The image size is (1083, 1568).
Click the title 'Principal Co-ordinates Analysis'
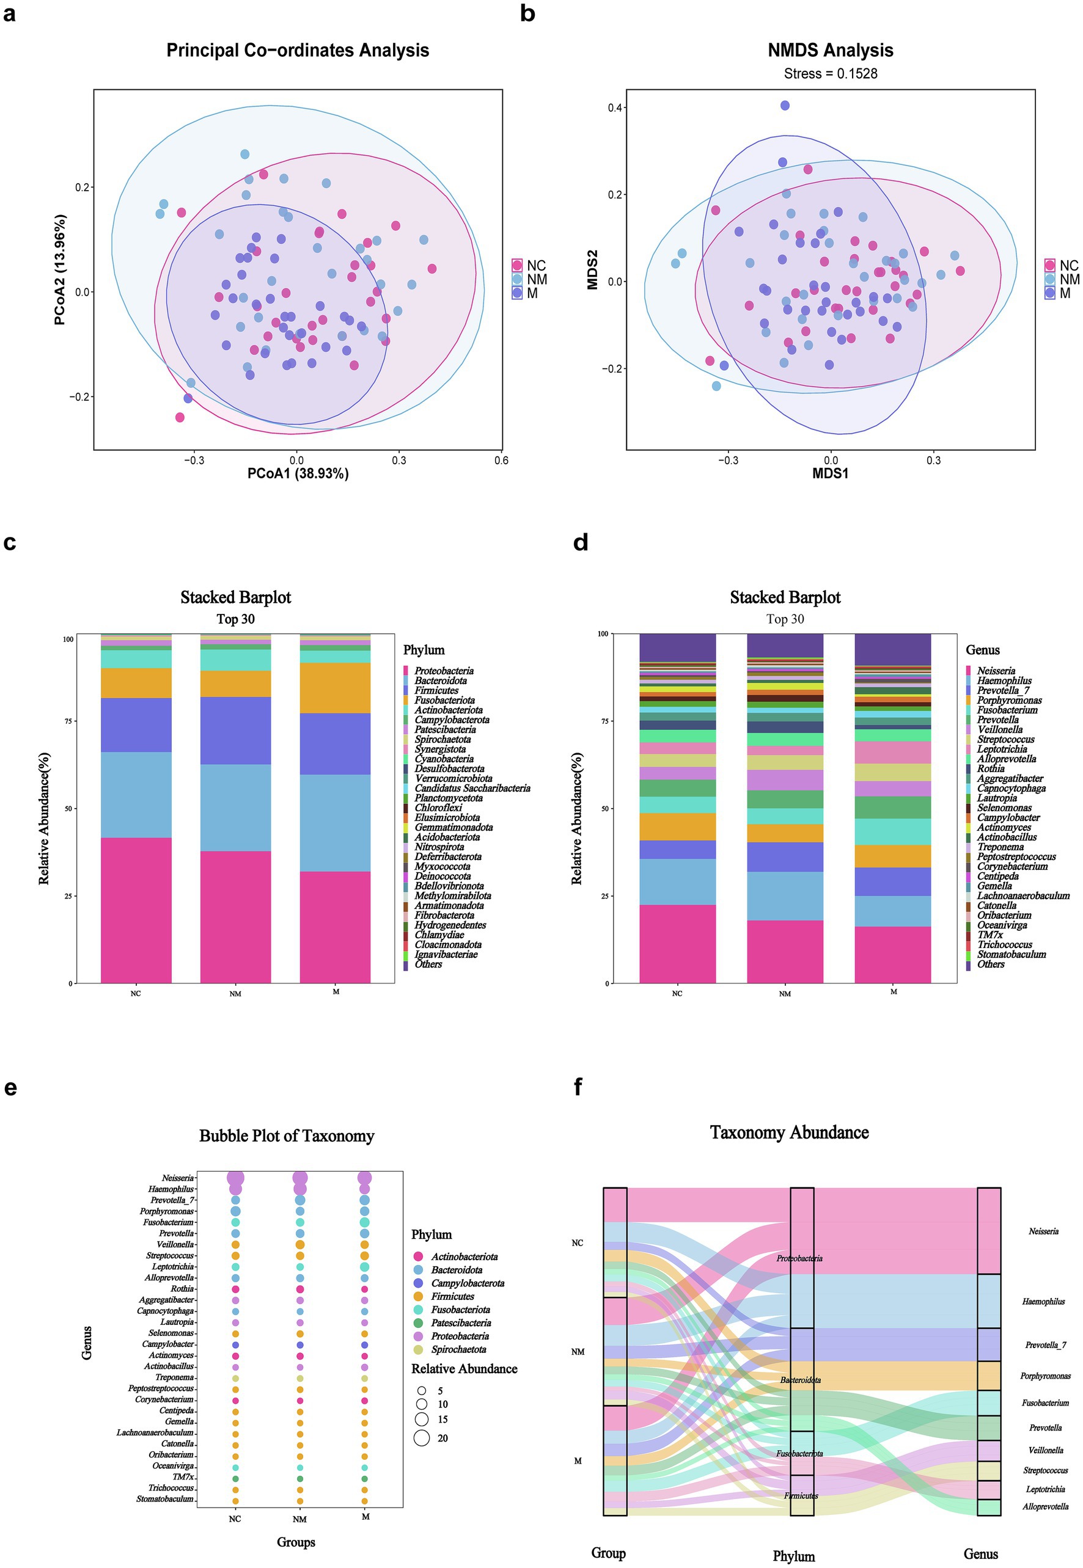[297, 51]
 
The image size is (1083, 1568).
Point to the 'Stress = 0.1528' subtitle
[830, 74]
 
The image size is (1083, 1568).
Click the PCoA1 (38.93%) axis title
[297, 473]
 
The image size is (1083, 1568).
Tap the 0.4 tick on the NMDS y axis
[615, 108]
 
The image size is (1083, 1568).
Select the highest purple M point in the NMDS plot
[784, 106]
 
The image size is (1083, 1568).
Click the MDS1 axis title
[830, 473]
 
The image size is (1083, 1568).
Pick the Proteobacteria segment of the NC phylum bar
[136, 910]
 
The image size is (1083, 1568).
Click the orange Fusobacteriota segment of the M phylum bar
[335, 688]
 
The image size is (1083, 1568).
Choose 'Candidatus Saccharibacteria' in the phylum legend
[472, 788]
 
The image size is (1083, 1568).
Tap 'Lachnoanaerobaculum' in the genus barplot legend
[1022, 896]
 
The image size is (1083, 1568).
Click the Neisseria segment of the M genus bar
[892, 954]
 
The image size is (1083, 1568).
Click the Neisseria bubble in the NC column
[235, 1178]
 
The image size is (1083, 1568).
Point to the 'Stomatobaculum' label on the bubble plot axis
[165, 1499]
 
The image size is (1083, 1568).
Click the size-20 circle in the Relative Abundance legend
[422, 1438]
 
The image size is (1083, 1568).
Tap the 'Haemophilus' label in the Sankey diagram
[1043, 1302]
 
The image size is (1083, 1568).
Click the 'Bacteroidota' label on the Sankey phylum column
[800, 1380]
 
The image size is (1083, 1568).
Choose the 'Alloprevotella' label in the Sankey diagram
[1045, 1506]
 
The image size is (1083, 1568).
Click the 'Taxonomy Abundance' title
[789, 1132]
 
